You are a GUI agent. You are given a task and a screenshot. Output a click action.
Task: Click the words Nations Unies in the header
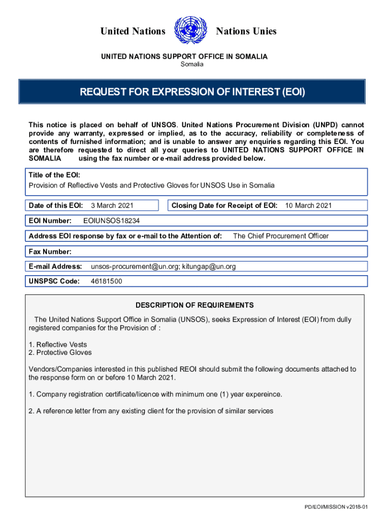[246, 31]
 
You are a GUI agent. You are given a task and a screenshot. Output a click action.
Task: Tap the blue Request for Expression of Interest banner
[192, 92]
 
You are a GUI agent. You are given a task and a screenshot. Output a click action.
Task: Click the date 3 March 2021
[112, 205]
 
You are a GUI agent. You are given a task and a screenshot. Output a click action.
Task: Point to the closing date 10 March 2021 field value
[308, 205]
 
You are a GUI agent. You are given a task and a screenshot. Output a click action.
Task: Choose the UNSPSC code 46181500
[106, 281]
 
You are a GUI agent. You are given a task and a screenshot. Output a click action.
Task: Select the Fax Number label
[50, 251]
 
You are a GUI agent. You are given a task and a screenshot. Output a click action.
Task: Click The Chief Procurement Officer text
[280, 236]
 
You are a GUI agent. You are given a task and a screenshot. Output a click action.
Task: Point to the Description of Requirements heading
[194, 305]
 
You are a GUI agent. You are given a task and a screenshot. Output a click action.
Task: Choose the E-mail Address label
[55, 266]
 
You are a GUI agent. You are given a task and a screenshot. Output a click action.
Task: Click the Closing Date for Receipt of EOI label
[224, 205]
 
